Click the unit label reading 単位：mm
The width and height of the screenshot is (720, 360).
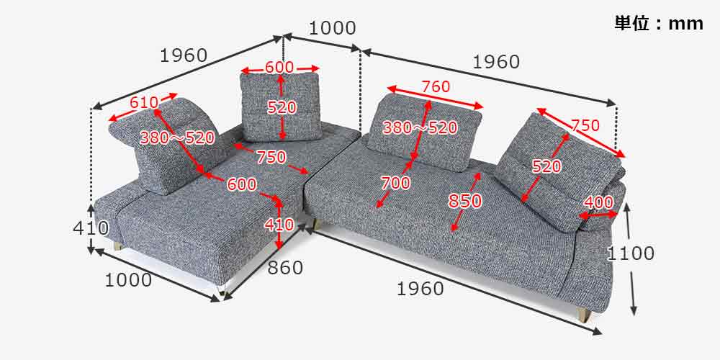(x=659, y=24)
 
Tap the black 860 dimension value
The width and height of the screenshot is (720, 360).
(x=285, y=268)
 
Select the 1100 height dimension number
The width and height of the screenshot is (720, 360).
(x=631, y=253)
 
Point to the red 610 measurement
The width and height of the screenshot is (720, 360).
(x=144, y=102)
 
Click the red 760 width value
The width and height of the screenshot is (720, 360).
(x=436, y=86)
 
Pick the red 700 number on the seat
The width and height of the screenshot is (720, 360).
(x=395, y=183)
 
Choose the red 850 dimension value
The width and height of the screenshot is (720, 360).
(x=465, y=201)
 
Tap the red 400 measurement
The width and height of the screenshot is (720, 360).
(x=598, y=202)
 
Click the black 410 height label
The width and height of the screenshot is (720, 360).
(x=91, y=228)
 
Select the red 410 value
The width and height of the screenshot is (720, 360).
(x=279, y=225)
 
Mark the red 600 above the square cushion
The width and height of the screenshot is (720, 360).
(x=279, y=67)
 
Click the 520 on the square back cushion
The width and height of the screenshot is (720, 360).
(x=282, y=108)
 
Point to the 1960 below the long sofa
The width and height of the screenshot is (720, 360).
(x=420, y=289)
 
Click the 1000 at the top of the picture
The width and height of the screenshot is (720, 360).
(x=331, y=29)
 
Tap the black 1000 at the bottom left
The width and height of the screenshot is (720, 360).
(x=129, y=280)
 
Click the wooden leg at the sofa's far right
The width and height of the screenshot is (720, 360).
(x=585, y=315)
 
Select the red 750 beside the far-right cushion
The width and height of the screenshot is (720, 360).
(x=585, y=125)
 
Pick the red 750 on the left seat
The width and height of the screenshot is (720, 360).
(x=271, y=158)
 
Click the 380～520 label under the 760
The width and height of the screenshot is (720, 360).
(x=420, y=127)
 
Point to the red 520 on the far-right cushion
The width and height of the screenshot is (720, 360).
(x=546, y=166)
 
